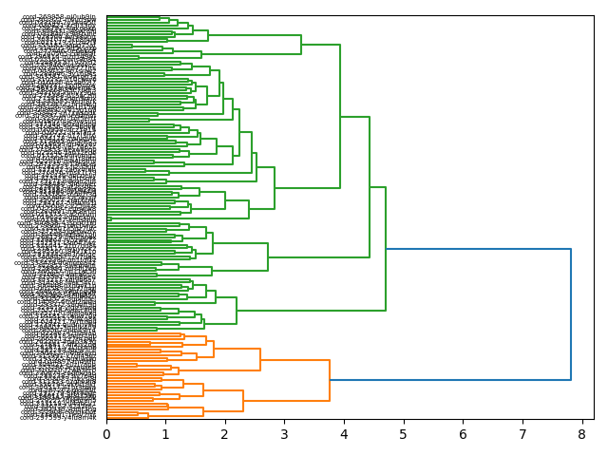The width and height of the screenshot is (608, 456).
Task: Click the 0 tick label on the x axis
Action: click(x=106, y=434)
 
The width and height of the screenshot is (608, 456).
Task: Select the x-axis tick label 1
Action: click(x=165, y=434)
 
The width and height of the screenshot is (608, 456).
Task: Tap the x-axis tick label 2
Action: click(x=225, y=434)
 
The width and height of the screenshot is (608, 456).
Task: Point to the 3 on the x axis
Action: click(x=284, y=434)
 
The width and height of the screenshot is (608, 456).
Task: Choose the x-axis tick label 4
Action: click(x=344, y=434)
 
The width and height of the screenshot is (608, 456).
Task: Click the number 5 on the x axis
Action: click(x=403, y=434)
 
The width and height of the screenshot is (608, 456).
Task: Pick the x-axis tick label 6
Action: click(x=463, y=434)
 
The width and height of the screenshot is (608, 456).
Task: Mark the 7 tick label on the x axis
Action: click(x=522, y=434)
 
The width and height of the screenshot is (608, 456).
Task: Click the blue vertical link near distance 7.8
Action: click(x=570, y=313)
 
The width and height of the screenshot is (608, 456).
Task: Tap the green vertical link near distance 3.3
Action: click(x=301, y=45)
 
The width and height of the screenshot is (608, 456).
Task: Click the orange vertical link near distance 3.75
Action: click(x=330, y=380)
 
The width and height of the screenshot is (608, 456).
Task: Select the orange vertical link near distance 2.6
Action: click(x=260, y=360)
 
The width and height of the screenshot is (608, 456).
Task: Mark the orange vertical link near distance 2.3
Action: click(x=243, y=401)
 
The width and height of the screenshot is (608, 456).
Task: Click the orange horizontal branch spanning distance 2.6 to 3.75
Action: click(x=294, y=360)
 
